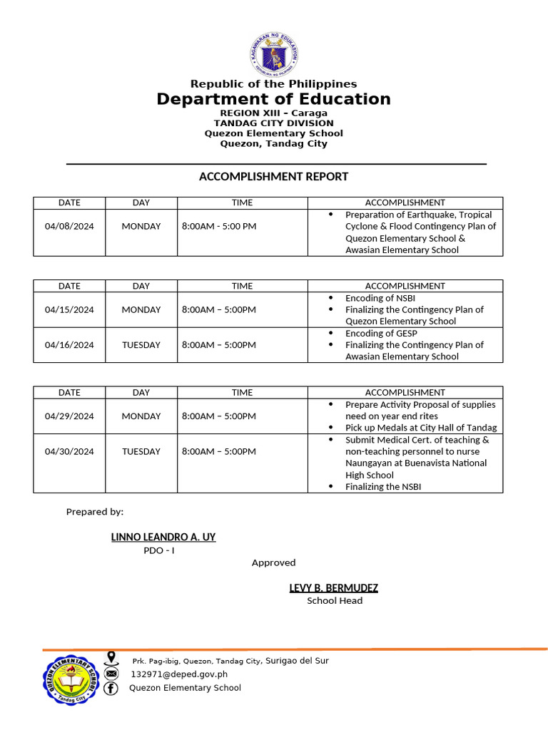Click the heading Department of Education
coord(274,99)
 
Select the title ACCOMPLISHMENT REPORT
coord(274,176)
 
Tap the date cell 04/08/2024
coord(69,227)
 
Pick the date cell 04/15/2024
coord(69,310)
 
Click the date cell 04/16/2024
coord(69,345)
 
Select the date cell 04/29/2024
coord(69,416)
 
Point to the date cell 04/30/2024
coord(69,451)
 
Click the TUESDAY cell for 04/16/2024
coord(141,345)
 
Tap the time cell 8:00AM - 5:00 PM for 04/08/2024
coord(219,227)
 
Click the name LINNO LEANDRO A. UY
coord(163,537)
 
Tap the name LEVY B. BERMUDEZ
coord(333,588)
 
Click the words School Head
coord(335,601)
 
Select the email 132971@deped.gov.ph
coord(179,674)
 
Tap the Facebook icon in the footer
coord(111,688)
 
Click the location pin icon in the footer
coord(111,658)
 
